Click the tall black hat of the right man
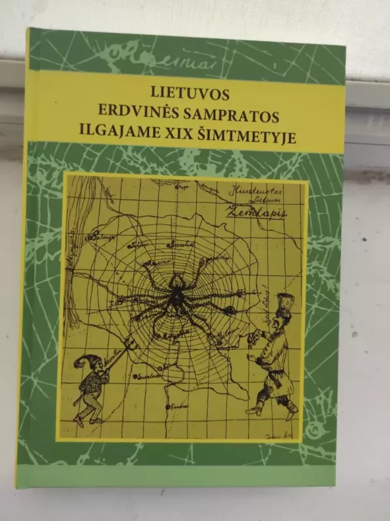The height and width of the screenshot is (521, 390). coord(284,304)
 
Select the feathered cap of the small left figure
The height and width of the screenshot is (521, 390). coord(83,362)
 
